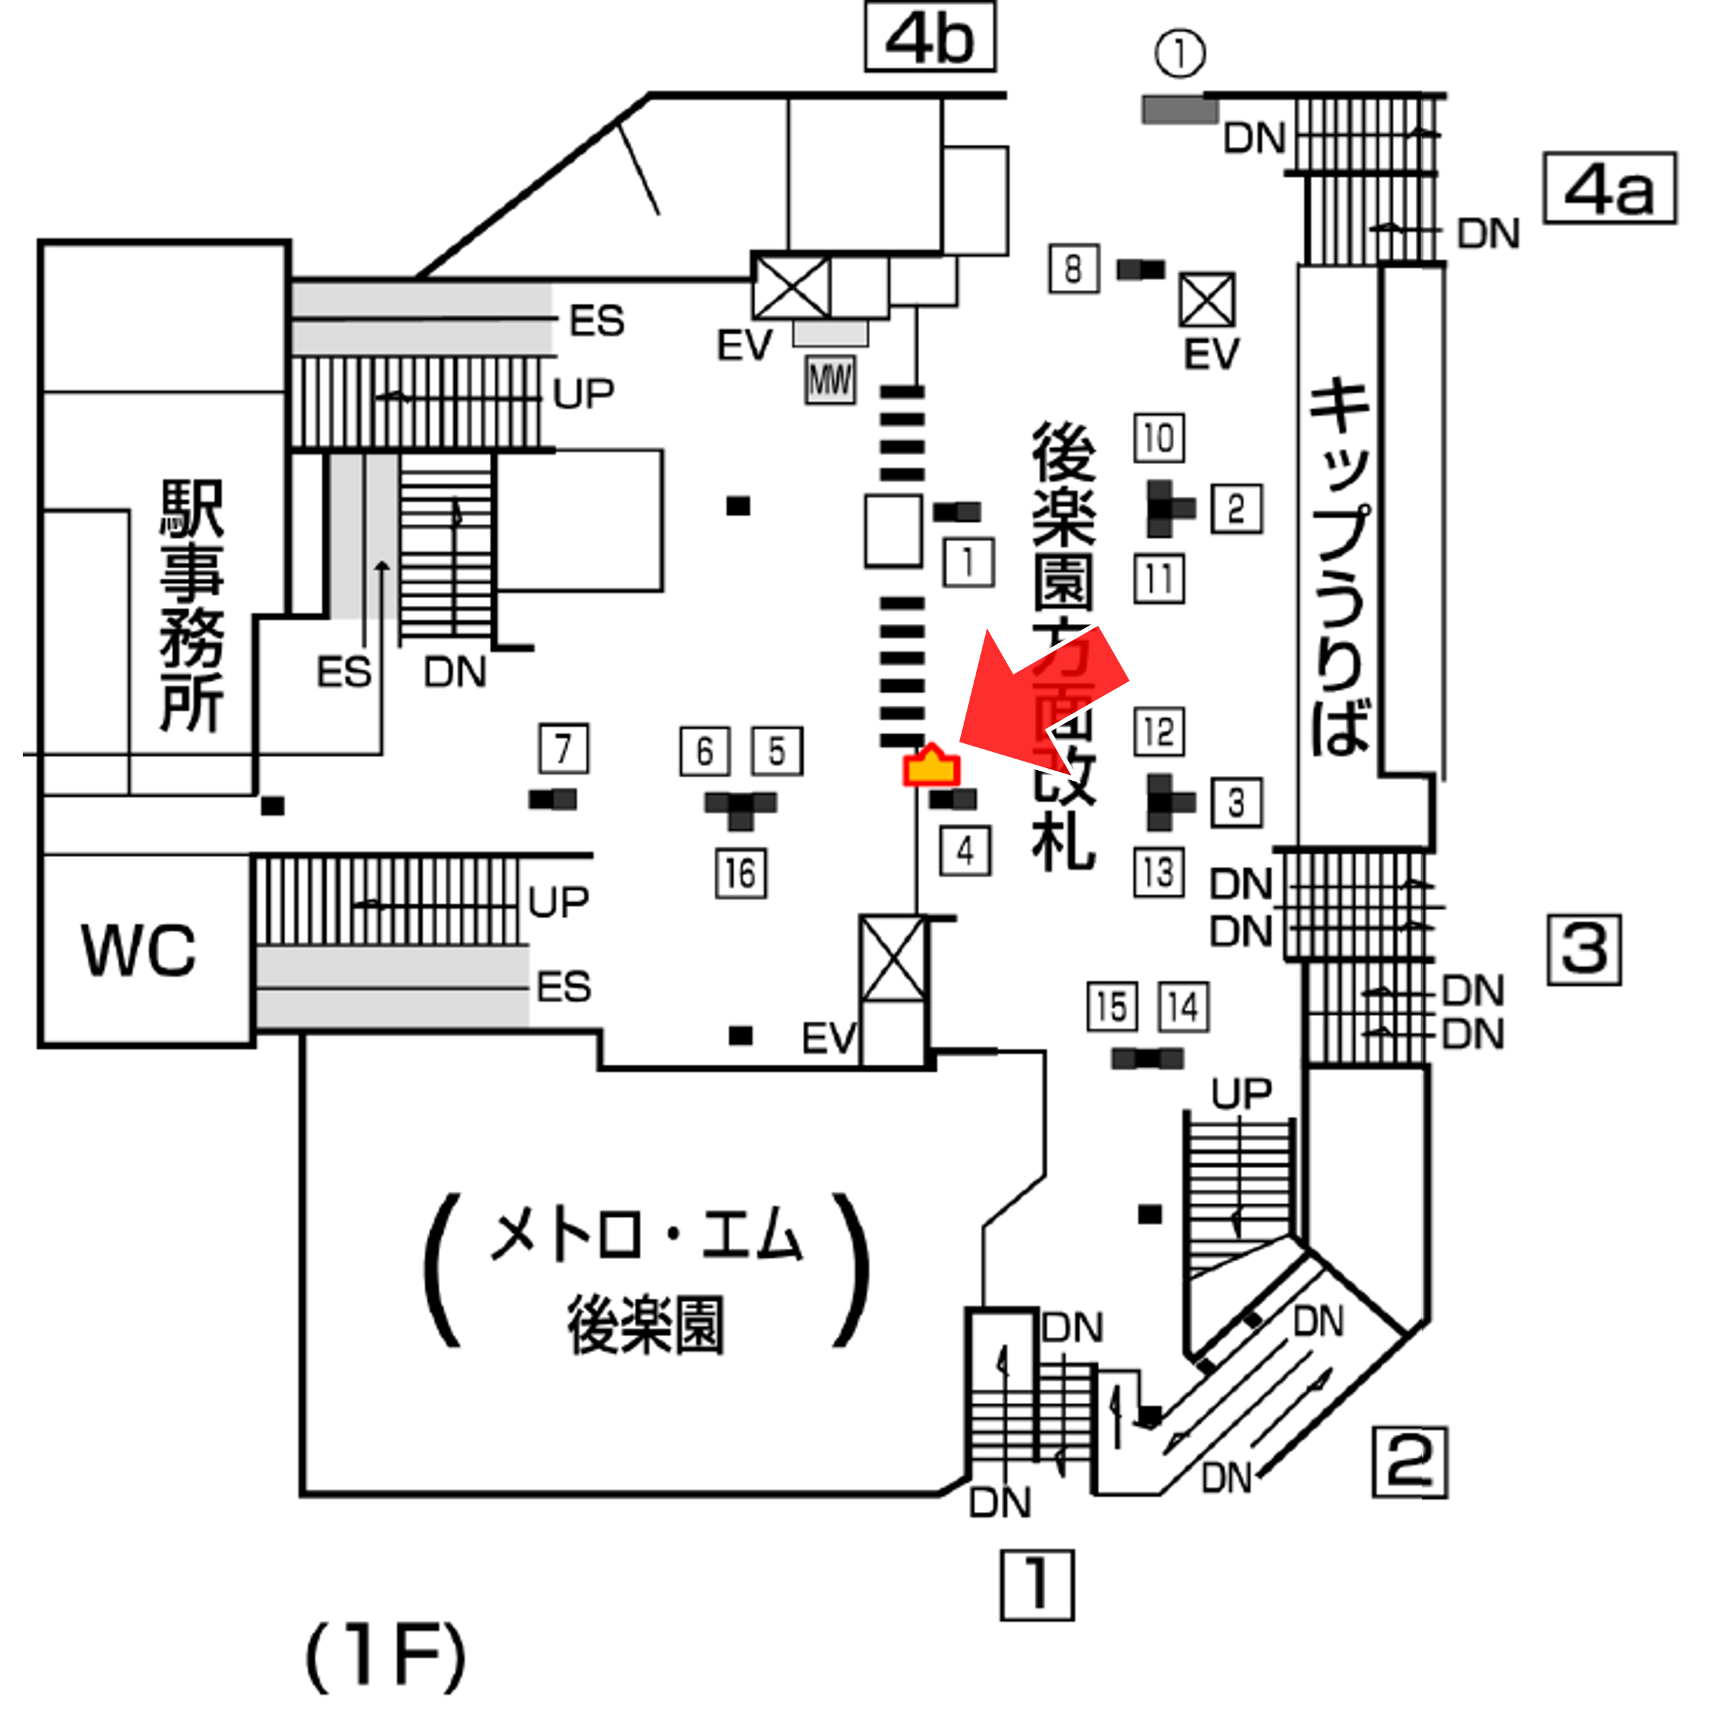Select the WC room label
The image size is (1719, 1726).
click(138, 950)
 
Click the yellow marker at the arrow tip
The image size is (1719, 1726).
click(931, 767)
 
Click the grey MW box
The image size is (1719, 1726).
click(830, 380)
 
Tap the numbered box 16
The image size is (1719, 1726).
click(741, 873)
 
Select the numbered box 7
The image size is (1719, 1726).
click(563, 749)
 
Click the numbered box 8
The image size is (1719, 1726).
click(1073, 268)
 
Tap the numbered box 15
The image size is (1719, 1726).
click(1112, 1007)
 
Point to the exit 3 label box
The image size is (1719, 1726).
click(1584, 950)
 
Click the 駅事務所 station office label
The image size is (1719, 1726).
click(191, 605)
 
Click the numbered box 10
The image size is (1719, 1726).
click(1159, 438)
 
